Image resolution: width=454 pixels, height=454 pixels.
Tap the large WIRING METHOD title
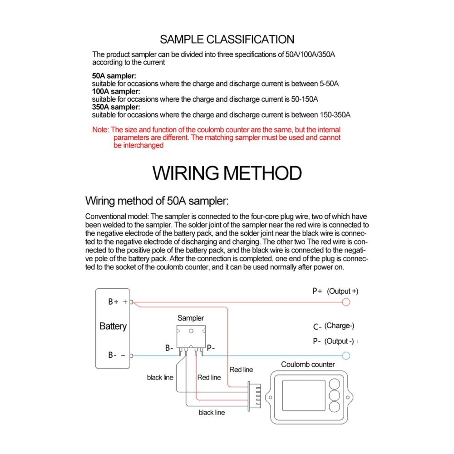click(227, 173)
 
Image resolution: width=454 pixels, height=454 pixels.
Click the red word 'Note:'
click(100, 130)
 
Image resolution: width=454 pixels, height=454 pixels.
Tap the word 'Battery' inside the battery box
click(113, 326)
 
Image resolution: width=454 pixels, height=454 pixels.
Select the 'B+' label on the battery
click(113, 301)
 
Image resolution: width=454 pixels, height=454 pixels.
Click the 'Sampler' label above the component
click(191, 318)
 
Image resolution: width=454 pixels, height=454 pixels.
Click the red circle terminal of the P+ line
click(346, 302)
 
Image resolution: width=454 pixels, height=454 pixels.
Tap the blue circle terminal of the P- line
click(346, 355)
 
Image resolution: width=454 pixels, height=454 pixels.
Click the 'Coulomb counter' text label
click(308, 364)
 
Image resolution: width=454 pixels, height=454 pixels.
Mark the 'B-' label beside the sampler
click(169, 349)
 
